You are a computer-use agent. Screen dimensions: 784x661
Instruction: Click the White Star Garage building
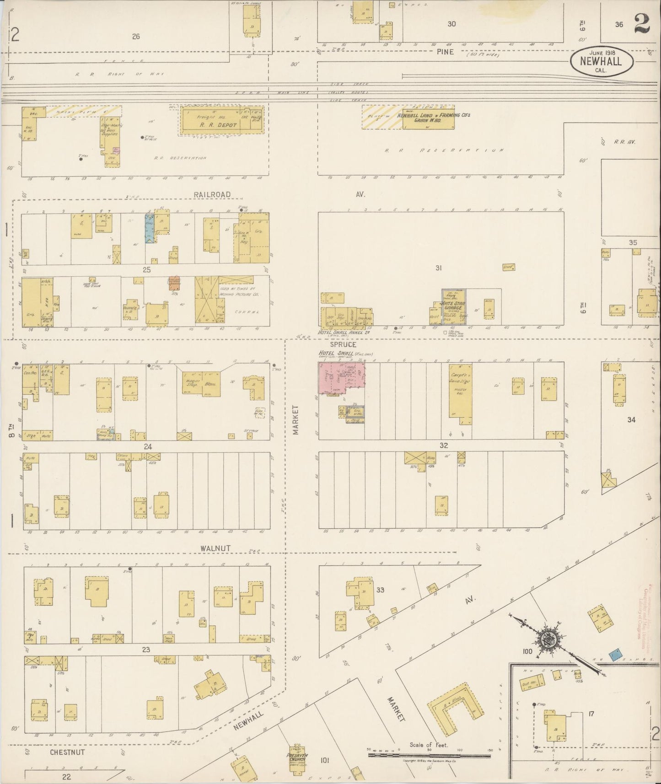pyautogui.click(x=453, y=307)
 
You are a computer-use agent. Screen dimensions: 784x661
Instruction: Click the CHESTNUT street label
pyautogui.click(x=67, y=752)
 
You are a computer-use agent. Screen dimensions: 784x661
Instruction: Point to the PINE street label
pyautogui.click(x=445, y=52)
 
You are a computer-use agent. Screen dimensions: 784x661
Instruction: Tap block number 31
pyautogui.click(x=438, y=268)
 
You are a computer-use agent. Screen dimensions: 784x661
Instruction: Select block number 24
pyautogui.click(x=147, y=446)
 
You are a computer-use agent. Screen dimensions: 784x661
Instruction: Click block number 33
pyautogui.click(x=380, y=590)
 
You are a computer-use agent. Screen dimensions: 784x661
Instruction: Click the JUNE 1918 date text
pyautogui.click(x=602, y=53)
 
